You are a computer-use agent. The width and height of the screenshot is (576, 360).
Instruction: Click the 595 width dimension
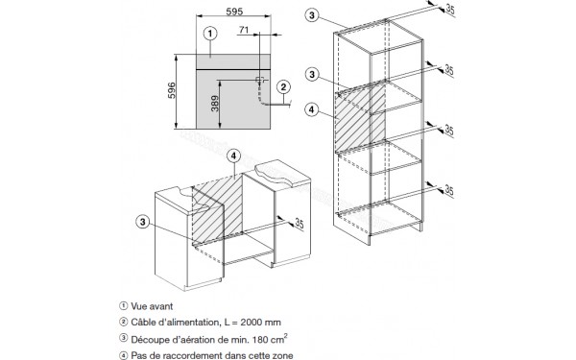[x=234, y=12]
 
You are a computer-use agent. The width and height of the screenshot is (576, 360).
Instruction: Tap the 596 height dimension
[x=172, y=90]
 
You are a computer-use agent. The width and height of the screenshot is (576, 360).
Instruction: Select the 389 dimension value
[x=215, y=104]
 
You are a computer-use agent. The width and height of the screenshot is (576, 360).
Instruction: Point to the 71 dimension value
[x=244, y=30]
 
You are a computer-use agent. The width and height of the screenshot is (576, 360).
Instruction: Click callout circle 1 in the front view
[x=210, y=34]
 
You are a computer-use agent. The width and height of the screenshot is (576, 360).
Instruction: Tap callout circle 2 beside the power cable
[x=283, y=87]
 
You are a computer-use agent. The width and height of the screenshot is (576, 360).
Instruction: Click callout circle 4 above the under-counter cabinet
[x=234, y=156]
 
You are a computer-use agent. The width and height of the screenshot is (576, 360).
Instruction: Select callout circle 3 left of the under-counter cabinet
[x=143, y=222]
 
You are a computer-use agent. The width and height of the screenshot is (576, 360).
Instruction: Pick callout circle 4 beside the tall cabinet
[x=312, y=109]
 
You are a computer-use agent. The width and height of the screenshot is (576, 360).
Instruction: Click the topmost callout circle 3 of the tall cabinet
[x=312, y=15]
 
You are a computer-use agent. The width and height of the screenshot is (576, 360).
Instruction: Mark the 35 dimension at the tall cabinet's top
[x=450, y=10]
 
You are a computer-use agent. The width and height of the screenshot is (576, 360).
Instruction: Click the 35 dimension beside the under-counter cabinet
[x=300, y=224]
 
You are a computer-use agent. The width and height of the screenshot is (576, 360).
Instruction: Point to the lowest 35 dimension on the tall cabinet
[x=449, y=190]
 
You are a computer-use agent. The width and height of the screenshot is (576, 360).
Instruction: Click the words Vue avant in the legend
[x=152, y=306]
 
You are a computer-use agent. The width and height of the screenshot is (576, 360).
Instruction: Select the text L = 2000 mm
[x=252, y=323]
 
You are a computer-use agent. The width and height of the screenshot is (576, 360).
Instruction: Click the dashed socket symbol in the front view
[x=260, y=80]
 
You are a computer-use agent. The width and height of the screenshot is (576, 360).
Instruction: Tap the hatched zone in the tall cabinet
[x=360, y=117]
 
